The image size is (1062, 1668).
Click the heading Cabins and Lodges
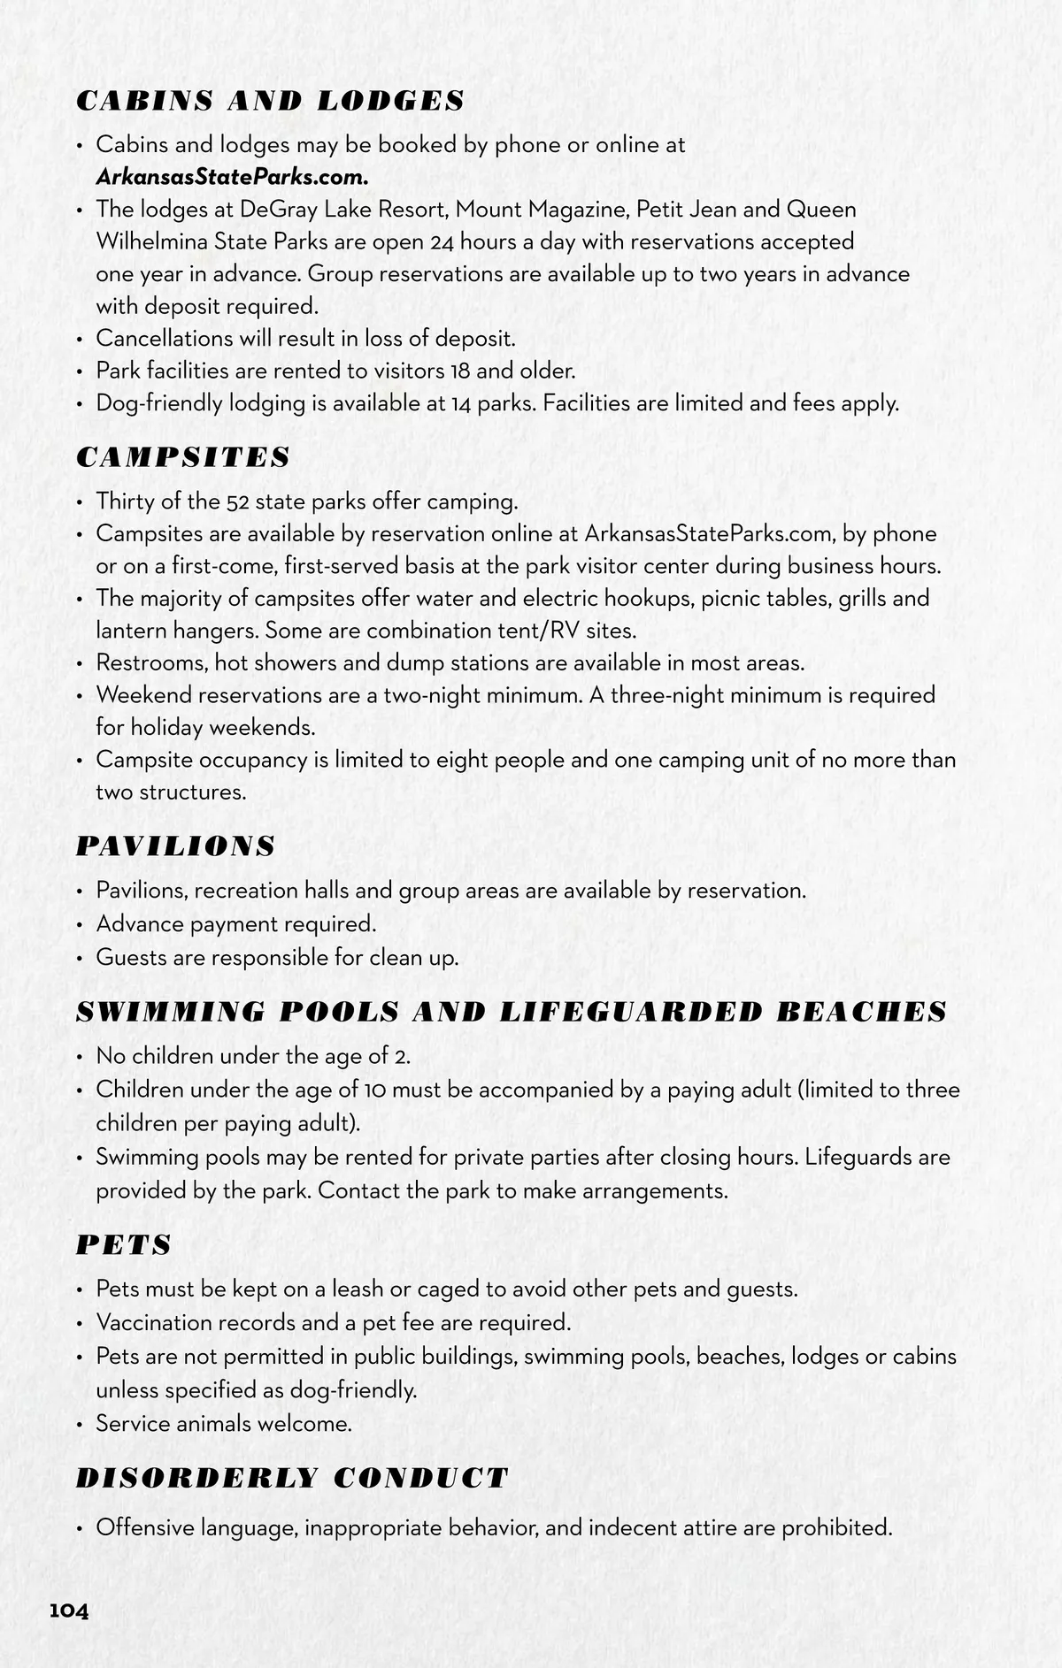pyautogui.click(x=270, y=101)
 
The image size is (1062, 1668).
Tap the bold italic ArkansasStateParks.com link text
pyautogui.click(x=232, y=176)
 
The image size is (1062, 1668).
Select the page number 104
pyautogui.click(x=69, y=1611)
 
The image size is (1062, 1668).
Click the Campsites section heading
pyautogui.click(x=183, y=457)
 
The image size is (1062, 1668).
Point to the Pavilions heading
pyautogui.click(x=175, y=846)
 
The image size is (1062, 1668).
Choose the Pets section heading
pyautogui.click(x=124, y=1245)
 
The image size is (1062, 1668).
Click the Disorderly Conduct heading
pyautogui.click(x=292, y=1478)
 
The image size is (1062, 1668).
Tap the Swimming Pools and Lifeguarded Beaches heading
pyautogui.click(x=512, y=1013)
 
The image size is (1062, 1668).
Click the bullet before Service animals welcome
pyautogui.click(x=80, y=1425)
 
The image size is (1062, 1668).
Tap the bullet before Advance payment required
pyautogui.click(x=80, y=925)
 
